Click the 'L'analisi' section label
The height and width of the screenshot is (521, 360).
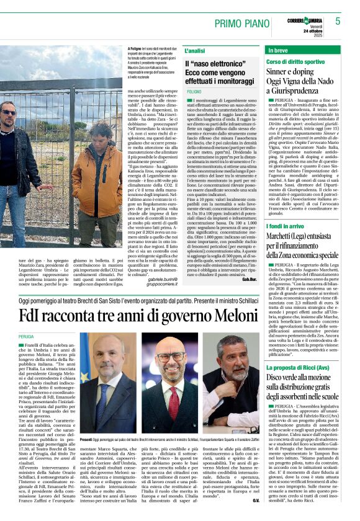tap(194, 50)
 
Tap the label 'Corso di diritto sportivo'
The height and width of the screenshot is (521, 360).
tap(295, 62)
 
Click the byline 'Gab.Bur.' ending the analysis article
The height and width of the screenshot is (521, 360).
tap(249, 280)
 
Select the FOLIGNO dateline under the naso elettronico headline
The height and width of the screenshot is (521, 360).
tap(194, 91)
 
